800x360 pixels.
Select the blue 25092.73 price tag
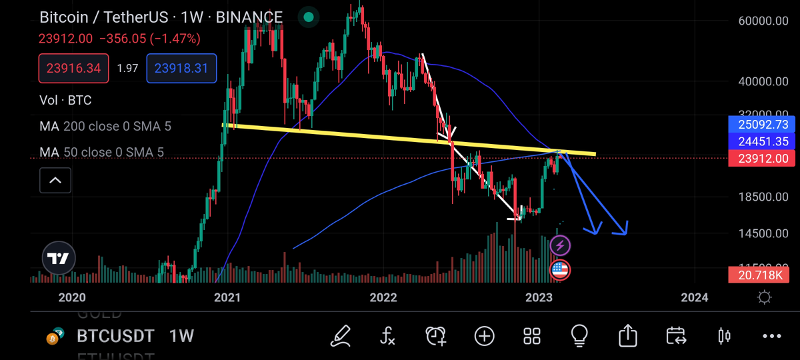pyautogui.click(x=763, y=125)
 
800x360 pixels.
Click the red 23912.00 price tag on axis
pyautogui.click(x=763, y=159)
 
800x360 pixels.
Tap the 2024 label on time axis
pyautogui.click(x=695, y=297)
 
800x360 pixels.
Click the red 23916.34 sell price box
pyautogui.click(x=73, y=68)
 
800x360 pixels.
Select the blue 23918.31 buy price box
pyautogui.click(x=181, y=68)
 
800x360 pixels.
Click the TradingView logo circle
pyautogui.click(x=59, y=259)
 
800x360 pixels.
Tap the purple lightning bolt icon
pyautogui.click(x=560, y=246)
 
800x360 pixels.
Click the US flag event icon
pyautogui.click(x=560, y=270)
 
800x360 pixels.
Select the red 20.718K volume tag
pyautogui.click(x=763, y=274)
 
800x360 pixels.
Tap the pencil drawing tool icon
pyautogui.click(x=341, y=335)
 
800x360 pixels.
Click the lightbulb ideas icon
pyautogui.click(x=579, y=335)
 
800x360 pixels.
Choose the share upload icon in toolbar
pyautogui.click(x=627, y=335)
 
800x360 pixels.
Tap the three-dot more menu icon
pyautogui.click(x=771, y=336)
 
